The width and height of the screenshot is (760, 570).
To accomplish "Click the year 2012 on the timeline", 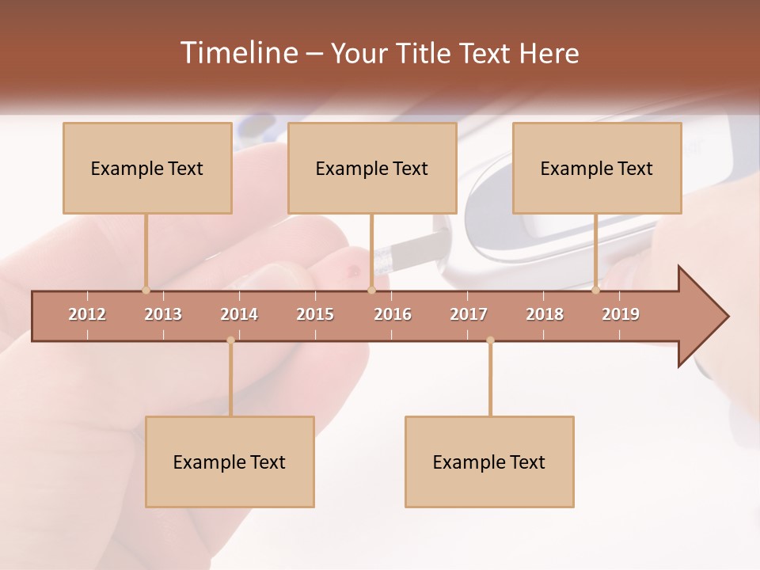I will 87,314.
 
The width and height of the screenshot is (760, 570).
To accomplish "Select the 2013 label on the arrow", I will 163,314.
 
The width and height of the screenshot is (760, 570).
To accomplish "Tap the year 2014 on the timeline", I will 239,314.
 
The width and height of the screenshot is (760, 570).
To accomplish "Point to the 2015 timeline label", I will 315,314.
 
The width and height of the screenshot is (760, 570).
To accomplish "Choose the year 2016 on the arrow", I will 393,314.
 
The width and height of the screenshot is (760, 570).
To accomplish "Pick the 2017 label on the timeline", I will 469,314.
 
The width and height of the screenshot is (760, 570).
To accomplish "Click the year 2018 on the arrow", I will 545,314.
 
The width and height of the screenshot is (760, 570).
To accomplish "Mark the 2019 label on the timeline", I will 621,314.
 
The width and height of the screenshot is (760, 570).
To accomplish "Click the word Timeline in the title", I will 237,53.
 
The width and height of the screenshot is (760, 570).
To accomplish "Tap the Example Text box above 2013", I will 147,168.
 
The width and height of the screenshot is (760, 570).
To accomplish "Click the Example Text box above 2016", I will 372,168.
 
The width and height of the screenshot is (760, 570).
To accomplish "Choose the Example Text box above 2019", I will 597,168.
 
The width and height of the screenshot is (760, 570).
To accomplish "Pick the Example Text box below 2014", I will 230,462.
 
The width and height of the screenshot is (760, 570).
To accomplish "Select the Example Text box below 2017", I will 489,462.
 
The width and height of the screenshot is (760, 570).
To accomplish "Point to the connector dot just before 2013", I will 146,290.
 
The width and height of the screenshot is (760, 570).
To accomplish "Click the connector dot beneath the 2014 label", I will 230,340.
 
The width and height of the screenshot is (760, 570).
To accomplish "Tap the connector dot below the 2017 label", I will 490,340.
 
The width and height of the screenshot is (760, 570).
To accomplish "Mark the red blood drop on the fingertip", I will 350,272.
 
